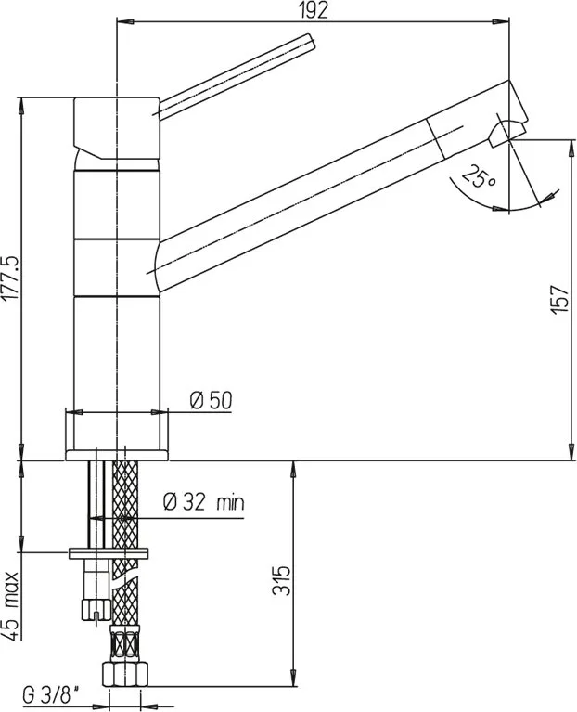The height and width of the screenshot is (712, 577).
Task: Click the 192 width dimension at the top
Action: pyautogui.click(x=314, y=10)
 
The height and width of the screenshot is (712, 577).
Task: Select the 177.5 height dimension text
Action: pyautogui.click(x=10, y=278)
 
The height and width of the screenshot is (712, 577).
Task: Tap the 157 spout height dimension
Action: pyautogui.click(x=558, y=299)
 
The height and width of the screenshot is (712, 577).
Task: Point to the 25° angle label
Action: pyautogui.click(x=480, y=177)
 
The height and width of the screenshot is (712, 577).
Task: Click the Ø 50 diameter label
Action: pyautogui.click(x=211, y=400)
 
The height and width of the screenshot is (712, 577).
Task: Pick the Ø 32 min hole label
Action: pyautogui.click(x=204, y=502)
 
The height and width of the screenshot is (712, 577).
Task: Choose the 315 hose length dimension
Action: pyautogui.click(x=281, y=580)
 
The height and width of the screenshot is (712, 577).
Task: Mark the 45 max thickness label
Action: pyautogui.click(x=11, y=606)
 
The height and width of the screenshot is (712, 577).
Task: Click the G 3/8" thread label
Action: pyautogui.click(x=51, y=696)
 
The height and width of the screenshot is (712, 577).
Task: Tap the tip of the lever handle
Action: pyautogui.click(x=311, y=40)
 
